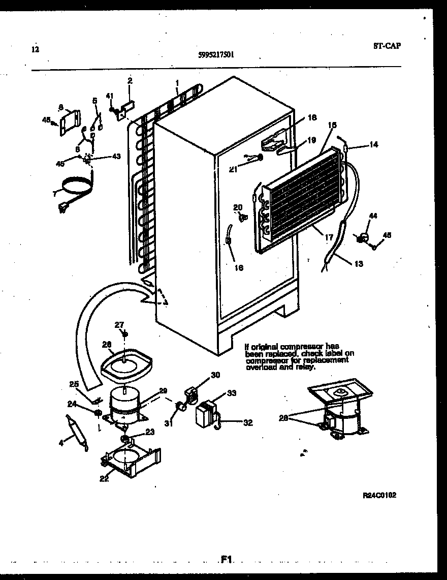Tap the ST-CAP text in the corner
click(x=386, y=46)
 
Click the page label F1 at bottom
click(x=226, y=560)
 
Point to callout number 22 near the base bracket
click(x=104, y=478)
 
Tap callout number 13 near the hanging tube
click(x=359, y=264)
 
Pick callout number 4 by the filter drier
click(x=61, y=443)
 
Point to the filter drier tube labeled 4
click(x=76, y=432)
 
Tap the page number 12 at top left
click(x=35, y=49)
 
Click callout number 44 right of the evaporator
click(x=373, y=217)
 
